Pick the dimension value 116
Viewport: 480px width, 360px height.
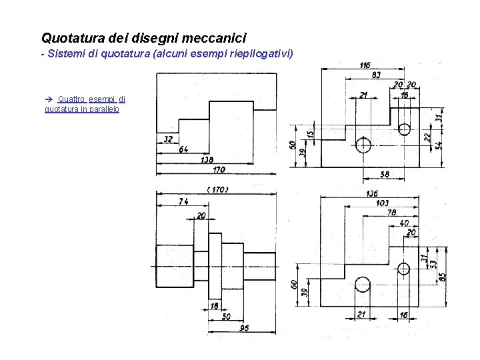(365, 65)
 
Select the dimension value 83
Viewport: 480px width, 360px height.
(376, 75)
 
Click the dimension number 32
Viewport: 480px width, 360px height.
(167, 139)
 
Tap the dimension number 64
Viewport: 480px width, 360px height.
(183, 149)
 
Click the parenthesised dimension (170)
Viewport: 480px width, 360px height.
(217, 189)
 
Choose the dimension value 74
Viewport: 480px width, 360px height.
(183, 201)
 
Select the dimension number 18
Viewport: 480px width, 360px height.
(214, 305)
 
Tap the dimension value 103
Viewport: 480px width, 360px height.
(382, 203)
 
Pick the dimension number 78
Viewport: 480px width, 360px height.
(391, 213)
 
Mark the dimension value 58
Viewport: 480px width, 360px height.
(384, 175)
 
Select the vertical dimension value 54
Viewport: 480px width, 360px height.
(438, 145)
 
